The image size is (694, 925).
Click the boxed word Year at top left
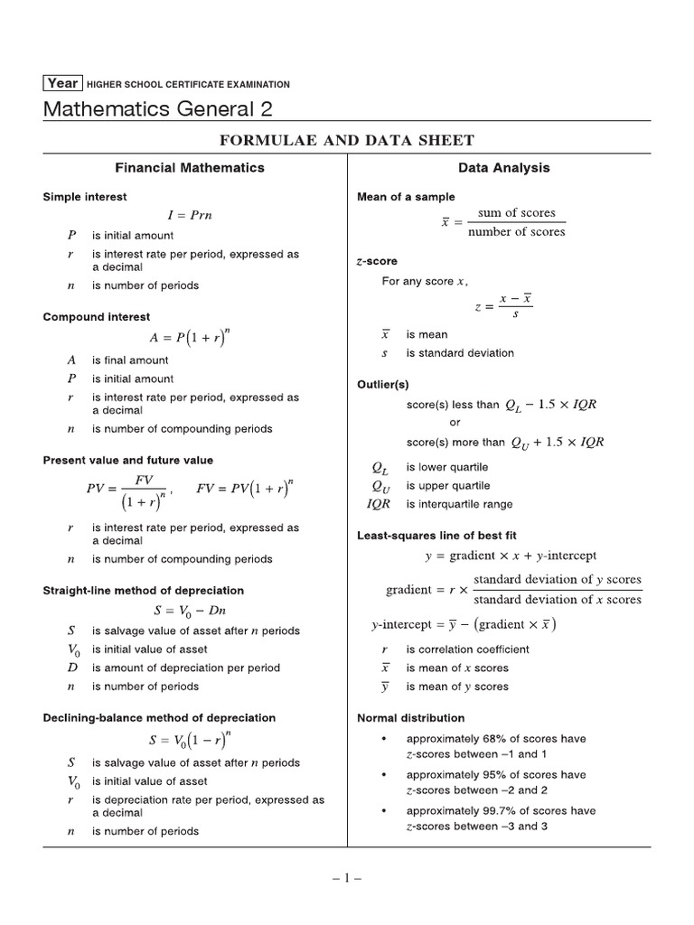pyautogui.click(x=62, y=83)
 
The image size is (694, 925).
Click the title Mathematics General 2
pyautogui.click(x=156, y=109)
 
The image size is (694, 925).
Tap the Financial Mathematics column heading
pyautogui.click(x=189, y=167)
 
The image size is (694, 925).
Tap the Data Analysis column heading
pyautogui.click(x=503, y=167)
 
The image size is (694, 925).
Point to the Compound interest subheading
pyautogui.click(x=97, y=317)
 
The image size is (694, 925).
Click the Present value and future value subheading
pyautogui.click(x=128, y=460)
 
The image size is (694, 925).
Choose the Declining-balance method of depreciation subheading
pyautogui.click(x=160, y=717)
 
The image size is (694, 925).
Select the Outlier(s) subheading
pyautogui.click(x=384, y=384)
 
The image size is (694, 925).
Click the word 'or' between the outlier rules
pyautogui.click(x=455, y=423)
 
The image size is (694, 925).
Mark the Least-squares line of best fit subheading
pyautogui.click(x=437, y=535)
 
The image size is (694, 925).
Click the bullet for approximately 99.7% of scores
pyautogui.click(x=385, y=811)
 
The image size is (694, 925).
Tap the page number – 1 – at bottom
pyautogui.click(x=346, y=876)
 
